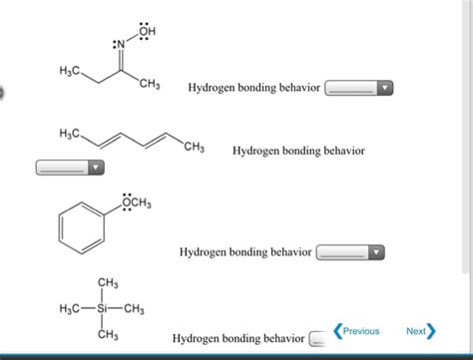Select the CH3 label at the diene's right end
[194, 149]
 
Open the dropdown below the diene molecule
[70, 168]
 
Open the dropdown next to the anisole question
[349, 253]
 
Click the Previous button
[357, 331]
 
